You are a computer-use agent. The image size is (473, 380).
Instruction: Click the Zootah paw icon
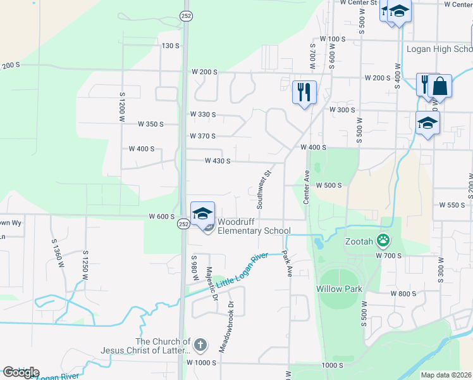tap(383, 240)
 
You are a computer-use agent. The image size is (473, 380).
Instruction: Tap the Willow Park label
tap(339, 289)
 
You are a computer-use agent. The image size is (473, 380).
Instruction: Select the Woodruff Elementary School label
tap(254, 227)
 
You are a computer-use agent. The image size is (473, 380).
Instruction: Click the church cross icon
tap(200, 345)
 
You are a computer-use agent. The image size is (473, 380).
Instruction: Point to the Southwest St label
tap(263, 189)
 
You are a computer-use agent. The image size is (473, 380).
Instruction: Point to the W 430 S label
tap(217, 161)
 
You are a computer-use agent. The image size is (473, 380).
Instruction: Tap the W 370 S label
tap(202, 136)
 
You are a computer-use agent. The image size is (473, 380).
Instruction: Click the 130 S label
tap(171, 46)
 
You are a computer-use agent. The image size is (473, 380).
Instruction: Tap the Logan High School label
tap(439, 49)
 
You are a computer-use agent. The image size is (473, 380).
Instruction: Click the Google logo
tap(21, 372)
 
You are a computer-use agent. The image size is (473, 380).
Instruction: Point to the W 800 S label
tap(403, 294)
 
